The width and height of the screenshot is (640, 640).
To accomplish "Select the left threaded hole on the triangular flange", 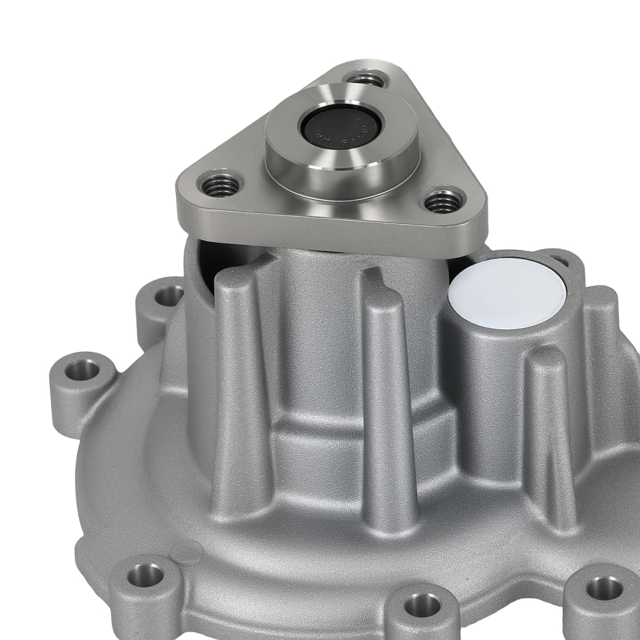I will pos(220,185).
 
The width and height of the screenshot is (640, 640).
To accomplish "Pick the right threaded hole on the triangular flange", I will pos(444,202).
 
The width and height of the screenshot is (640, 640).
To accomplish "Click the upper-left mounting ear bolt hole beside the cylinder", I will pos(168,295).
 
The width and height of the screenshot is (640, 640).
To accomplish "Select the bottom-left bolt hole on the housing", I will pos(145,575).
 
